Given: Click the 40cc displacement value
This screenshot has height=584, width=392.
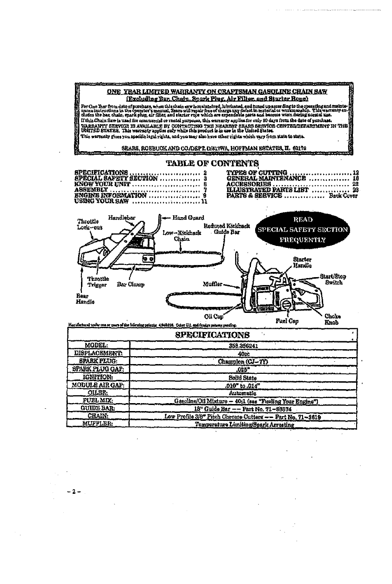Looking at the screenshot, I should click(x=241, y=353).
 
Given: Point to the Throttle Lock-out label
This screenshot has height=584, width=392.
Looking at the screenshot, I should click(x=86, y=224).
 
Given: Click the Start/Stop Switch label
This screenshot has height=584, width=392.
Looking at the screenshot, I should click(x=334, y=280).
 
